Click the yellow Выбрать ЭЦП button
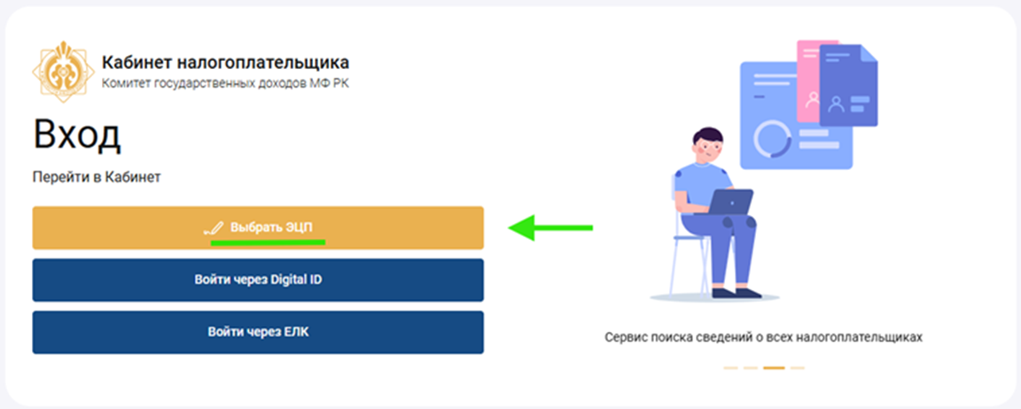pos(258,228)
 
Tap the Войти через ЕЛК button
pos(258,332)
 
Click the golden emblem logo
pos(63,72)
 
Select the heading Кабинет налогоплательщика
pos(225,63)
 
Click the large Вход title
pos(77,136)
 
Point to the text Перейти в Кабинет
pos(97,178)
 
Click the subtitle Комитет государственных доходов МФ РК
pos(225,83)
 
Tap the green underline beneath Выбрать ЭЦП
pos(268,242)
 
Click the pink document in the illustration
pos(808,81)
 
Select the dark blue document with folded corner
pos(848,85)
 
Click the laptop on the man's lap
pos(730,202)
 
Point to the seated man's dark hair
pos(708,136)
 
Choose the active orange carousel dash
pos(774,368)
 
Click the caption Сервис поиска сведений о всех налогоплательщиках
pos(764,337)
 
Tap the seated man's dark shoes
pos(737,293)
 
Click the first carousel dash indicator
pos(730,368)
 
